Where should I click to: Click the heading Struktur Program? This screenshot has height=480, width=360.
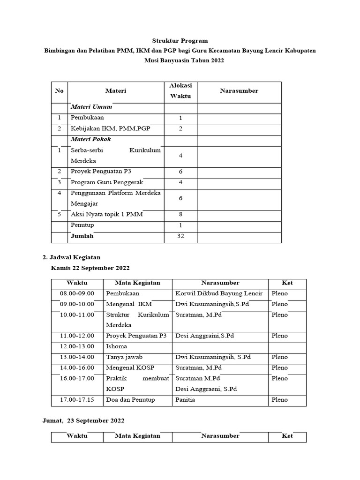(180, 41)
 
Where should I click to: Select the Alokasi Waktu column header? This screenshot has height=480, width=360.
(180, 91)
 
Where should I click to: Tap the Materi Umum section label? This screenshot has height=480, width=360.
(91, 107)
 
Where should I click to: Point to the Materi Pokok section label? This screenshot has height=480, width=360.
(91, 139)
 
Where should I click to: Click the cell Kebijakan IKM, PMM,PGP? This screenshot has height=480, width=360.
(111, 128)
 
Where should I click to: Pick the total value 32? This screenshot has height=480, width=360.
(180, 236)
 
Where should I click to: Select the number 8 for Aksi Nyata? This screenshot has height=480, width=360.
(180, 215)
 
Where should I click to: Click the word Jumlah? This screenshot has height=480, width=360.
(82, 236)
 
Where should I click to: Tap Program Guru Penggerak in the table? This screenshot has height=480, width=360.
(107, 182)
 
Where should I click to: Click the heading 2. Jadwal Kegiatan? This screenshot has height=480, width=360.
(71, 257)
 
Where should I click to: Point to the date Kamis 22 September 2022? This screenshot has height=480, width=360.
(90, 268)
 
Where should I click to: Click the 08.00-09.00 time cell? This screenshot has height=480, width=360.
(77, 293)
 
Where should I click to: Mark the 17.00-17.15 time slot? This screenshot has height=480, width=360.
(77, 400)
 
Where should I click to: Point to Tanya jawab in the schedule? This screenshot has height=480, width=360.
(123, 357)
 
